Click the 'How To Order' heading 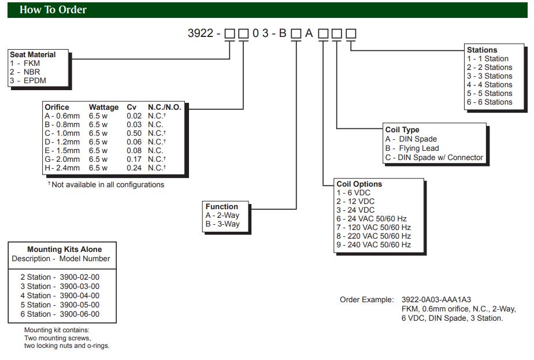[x=53, y=10]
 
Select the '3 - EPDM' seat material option [x=28, y=81]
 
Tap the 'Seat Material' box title [x=33, y=55]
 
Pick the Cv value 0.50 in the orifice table [x=134, y=133]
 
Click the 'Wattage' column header [x=103, y=107]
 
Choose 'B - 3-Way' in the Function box [x=222, y=224]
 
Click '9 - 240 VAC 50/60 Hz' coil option [x=373, y=245]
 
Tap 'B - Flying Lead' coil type [x=412, y=149]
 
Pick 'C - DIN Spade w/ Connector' [x=434, y=157]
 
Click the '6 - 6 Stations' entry [x=489, y=102]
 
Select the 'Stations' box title [x=482, y=50]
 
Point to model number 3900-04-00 [x=80, y=295]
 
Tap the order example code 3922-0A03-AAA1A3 [x=436, y=300]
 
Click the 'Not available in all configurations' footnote [x=107, y=185]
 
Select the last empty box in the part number [x=351, y=34]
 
